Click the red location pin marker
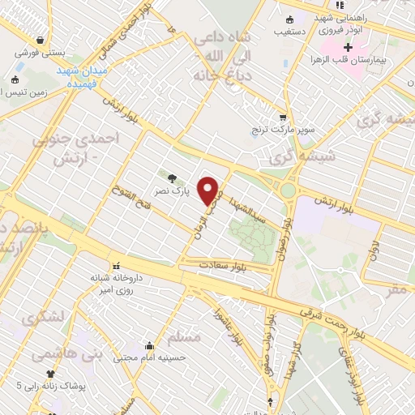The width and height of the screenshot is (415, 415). pyautogui.click(x=209, y=190)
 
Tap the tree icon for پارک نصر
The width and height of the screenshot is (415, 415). pyautogui.click(x=171, y=178)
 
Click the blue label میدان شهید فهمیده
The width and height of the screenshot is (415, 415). pyautogui.click(x=78, y=77)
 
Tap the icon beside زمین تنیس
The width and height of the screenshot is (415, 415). pyautogui.click(x=15, y=79)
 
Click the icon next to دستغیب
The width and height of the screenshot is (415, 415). pyautogui.click(x=290, y=21)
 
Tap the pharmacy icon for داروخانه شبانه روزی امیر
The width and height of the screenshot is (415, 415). pyautogui.click(x=116, y=266)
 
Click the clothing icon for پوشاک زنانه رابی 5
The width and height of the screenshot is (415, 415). pyautogui.click(x=51, y=374)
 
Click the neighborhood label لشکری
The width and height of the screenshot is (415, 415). pyautogui.click(x=44, y=319)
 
